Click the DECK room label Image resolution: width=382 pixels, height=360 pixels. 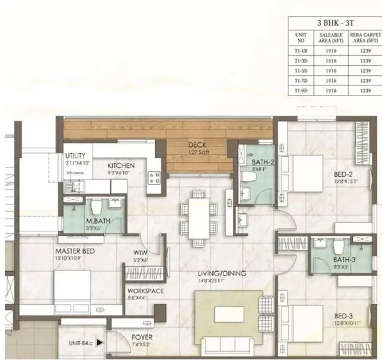pyautogui.click(x=197, y=145)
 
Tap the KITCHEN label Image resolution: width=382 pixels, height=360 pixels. pyautogui.click(x=121, y=165)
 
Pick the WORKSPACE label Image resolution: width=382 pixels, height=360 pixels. pyautogui.click(x=145, y=291)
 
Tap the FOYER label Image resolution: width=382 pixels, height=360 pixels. pyautogui.click(x=142, y=337)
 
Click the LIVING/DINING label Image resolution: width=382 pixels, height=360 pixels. pyautogui.click(x=222, y=273)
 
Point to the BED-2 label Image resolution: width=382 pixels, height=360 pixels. pyautogui.click(x=343, y=174)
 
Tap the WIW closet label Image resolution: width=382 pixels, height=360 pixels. pyautogui.click(x=140, y=252)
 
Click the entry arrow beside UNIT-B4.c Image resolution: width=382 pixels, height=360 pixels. pyautogui.click(x=101, y=342)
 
